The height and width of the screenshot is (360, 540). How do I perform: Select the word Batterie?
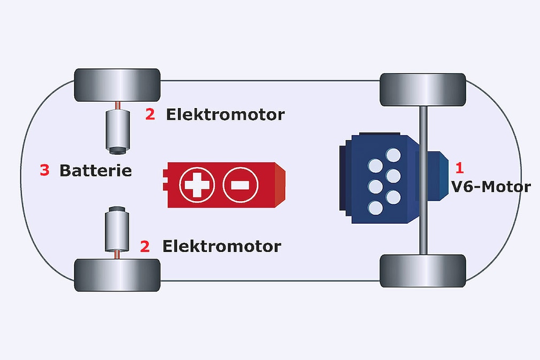click(x=95, y=171)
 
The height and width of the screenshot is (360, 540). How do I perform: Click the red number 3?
click(x=45, y=171)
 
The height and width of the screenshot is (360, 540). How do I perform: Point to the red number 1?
click(x=459, y=168)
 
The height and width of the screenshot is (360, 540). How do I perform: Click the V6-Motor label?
click(x=491, y=187)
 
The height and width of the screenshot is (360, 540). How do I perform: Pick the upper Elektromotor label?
click(x=225, y=114)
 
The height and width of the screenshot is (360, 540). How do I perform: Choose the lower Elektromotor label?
click(x=221, y=247)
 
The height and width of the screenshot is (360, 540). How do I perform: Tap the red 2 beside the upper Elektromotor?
click(x=150, y=114)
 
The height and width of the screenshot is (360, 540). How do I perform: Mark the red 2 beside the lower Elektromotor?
click(x=145, y=247)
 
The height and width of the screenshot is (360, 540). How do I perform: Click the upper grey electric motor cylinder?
click(x=117, y=130)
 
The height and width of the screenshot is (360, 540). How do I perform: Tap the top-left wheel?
click(x=117, y=85)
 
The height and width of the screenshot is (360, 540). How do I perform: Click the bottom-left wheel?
click(x=117, y=274)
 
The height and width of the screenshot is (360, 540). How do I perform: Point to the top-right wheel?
click(x=422, y=90)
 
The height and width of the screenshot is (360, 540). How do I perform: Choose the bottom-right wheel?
click(x=422, y=271)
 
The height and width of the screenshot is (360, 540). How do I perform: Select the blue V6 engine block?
click(x=377, y=179)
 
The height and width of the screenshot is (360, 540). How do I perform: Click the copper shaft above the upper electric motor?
click(x=117, y=105)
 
